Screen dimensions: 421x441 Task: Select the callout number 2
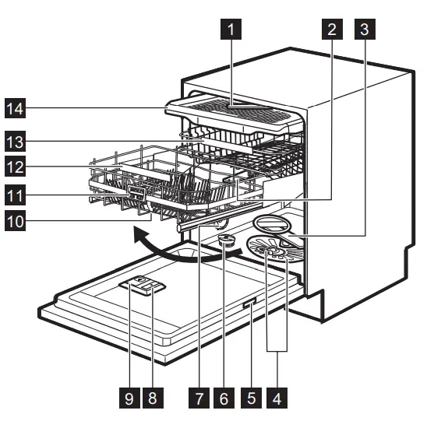[332, 30]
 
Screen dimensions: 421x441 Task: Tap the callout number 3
[362, 30]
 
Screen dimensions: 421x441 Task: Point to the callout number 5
[250, 398]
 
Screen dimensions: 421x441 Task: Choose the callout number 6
[223, 398]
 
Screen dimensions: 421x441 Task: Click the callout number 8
[153, 398]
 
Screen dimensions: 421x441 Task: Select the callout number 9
[130, 398]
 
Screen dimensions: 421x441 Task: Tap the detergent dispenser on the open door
[143, 287]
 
